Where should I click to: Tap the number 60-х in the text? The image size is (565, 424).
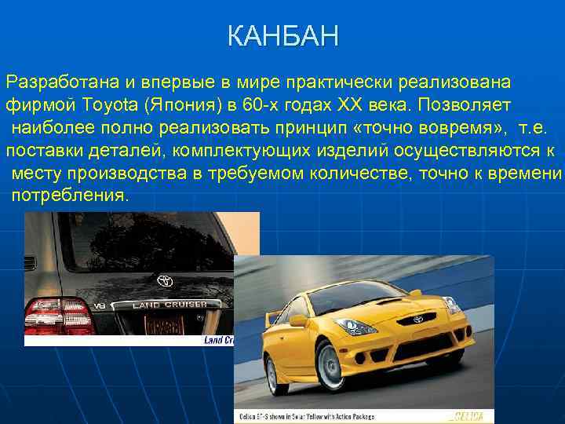tap(257, 104)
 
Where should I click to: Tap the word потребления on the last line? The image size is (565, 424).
tap(68, 195)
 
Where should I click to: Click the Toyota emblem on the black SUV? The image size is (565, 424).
tap(165, 280)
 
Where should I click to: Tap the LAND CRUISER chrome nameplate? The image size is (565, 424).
tap(169, 304)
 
